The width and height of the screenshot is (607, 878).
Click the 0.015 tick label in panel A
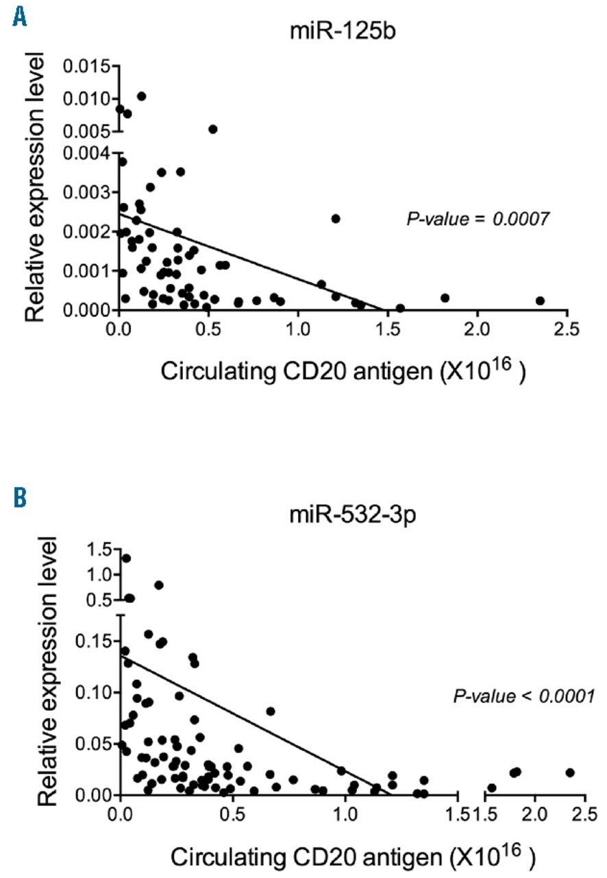coord(85,67)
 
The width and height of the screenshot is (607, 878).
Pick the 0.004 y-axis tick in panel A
coord(85,153)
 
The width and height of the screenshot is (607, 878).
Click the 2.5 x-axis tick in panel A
coord(567,329)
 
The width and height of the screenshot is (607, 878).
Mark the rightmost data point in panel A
coord(540,300)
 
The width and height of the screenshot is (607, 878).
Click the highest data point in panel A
coord(141,96)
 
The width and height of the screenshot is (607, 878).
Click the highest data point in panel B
coord(126,558)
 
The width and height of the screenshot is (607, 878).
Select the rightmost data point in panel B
coord(570,772)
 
